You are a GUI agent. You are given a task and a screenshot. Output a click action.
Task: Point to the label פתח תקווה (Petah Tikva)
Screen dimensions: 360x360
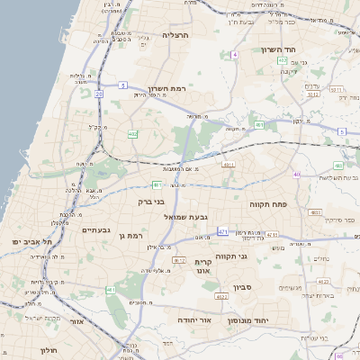[x=268, y=204]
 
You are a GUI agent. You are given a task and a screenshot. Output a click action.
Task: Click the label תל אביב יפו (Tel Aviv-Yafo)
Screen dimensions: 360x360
[x=33, y=242]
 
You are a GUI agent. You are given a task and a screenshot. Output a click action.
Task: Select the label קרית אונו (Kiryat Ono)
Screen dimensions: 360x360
[x=202, y=265]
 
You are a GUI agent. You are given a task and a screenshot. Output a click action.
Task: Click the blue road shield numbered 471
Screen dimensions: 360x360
[x=222, y=231]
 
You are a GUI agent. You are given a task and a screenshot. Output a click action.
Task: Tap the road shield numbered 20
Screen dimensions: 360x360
[x=111, y=289]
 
